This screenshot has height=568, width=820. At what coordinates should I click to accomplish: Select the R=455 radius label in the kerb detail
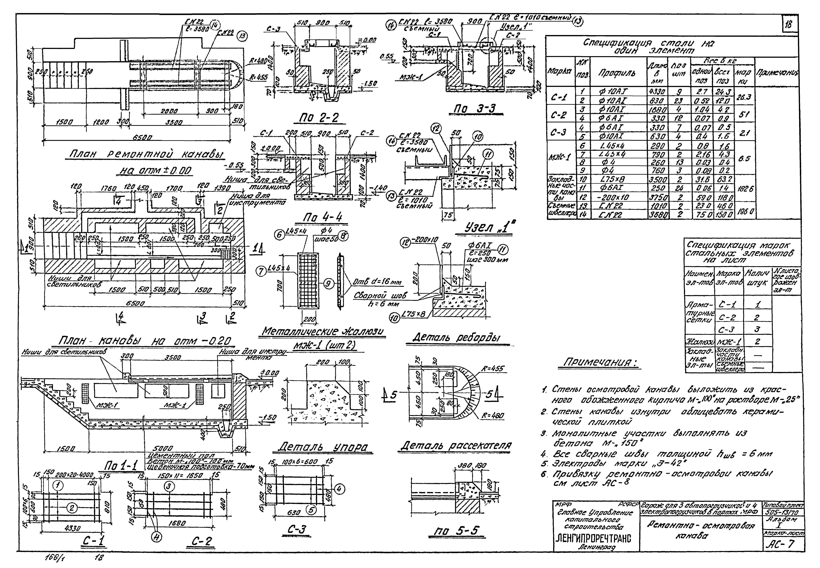(493, 369)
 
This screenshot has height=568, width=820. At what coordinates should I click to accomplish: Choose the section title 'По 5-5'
(457, 531)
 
